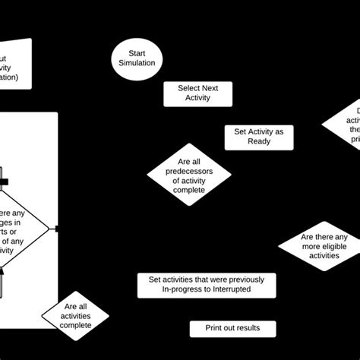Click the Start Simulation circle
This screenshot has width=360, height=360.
(136, 58)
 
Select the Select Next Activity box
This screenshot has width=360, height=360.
(197, 93)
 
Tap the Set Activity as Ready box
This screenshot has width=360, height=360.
(259, 137)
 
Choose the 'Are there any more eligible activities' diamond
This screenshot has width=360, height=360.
(319, 247)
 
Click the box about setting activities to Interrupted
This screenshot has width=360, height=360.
(206, 285)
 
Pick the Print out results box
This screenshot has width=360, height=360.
(232, 328)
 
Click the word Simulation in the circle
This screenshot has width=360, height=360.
(136, 63)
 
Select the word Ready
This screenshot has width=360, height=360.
(258, 142)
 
